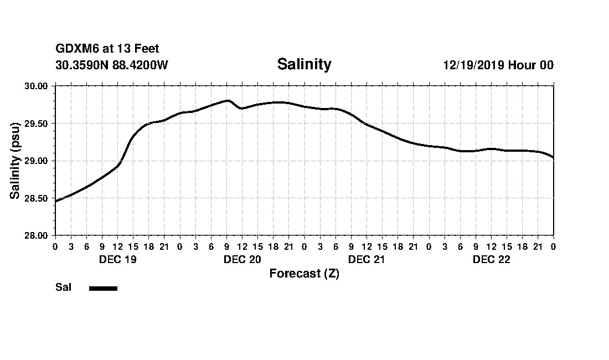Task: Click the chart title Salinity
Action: pyautogui.click(x=304, y=64)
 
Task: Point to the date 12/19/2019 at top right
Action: pyautogui.click(x=473, y=65)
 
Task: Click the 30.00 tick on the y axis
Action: pyautogui.click(x=37, y=86)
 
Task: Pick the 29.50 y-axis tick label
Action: pyautogui.click(x=37, y=124)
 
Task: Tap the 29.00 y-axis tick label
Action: pyautogui.click(x=37, y=161)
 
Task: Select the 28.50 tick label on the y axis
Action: pyautogui.click(x=37, y=198)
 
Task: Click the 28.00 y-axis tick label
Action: pyautogui.click(x=37, y=235)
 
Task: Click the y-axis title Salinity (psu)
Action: pyautogui.click(x=16, y=161)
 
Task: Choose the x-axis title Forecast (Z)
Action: pyautogui.click(x=304, y=274)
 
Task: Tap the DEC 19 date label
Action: pyautogui.click(x=117, y=260)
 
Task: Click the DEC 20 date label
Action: pyautogui.click(x=242, y=260)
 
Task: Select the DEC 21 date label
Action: pyautogui.click(x=367, y=260)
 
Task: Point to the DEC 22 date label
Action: pyautogui.click(x=491, y=260)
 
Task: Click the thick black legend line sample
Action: pyautogui.click(x=103, y=288)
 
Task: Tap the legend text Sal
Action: pyautogui.click(x=63, y=287)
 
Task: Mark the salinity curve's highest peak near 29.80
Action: pyautogui.click(x=227, y=101)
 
